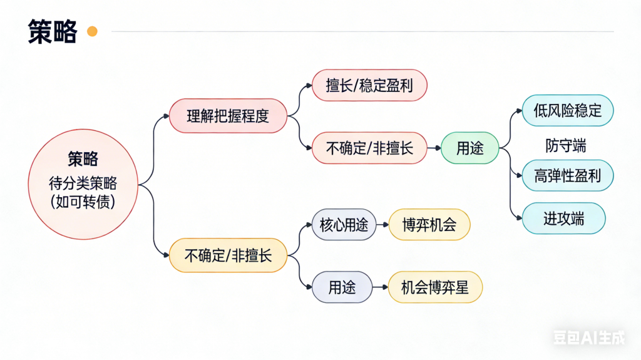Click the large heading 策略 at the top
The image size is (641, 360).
click(x=53, y=31)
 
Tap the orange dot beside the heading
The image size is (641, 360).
click(x=92, y=31)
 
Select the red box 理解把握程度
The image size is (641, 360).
click(x=228, y=116)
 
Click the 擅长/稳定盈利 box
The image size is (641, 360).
click(x=369, y=85)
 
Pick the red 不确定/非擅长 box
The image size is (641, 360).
click(x=369, y=148)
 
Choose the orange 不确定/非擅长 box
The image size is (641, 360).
click(x=228, y=255)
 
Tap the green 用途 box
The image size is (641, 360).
click(x=469, y=148)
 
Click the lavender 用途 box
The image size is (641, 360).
click(x=342, y=287)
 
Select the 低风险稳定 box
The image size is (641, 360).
click(x=568, y=111)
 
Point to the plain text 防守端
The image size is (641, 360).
click(x=565, y=146)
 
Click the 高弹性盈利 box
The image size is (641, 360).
click(x=568, y=176)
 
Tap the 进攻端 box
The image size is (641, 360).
click(x=563, y=219)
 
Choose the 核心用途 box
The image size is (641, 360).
click(x=344, y=225)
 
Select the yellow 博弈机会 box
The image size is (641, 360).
click(x=429, y=225)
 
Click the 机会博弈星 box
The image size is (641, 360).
click(x=434, y=287)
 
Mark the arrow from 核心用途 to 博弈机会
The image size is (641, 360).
click(x=382, y=225)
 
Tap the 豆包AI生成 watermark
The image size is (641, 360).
click(x=588, y=338)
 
